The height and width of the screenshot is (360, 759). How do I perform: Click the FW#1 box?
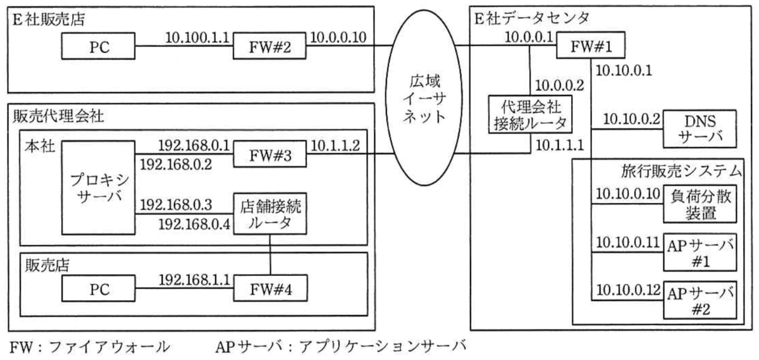591,45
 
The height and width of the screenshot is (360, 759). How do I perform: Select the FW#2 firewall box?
269,46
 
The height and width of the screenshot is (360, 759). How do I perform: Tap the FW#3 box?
270,154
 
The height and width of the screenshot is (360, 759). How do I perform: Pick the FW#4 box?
271,288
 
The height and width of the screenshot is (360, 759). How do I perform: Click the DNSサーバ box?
700,129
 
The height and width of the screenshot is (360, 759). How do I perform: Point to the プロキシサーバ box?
99,188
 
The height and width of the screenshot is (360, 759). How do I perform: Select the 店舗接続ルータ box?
270,214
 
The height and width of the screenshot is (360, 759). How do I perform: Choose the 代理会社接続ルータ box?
530,115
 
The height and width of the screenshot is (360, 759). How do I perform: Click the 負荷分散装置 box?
700,204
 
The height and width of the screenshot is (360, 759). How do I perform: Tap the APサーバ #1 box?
700,252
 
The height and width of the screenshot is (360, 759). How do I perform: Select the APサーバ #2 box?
700,300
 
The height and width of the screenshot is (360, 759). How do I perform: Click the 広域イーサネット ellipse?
424,97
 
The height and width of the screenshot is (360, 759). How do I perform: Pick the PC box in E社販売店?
98,46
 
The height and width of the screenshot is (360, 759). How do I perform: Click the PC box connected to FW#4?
99,288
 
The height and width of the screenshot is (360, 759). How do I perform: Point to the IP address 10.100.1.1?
197,37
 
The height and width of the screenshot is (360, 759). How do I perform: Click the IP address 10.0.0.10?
338,37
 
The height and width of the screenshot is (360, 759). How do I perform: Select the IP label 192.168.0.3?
176,205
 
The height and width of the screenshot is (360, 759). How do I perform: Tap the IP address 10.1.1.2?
335,146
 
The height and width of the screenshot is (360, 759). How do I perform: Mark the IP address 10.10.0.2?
632,120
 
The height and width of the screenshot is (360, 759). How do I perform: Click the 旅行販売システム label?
681,171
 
